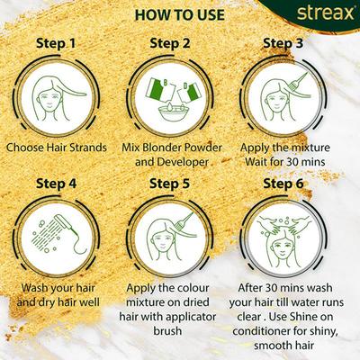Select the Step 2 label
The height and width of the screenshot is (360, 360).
[180, 41]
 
